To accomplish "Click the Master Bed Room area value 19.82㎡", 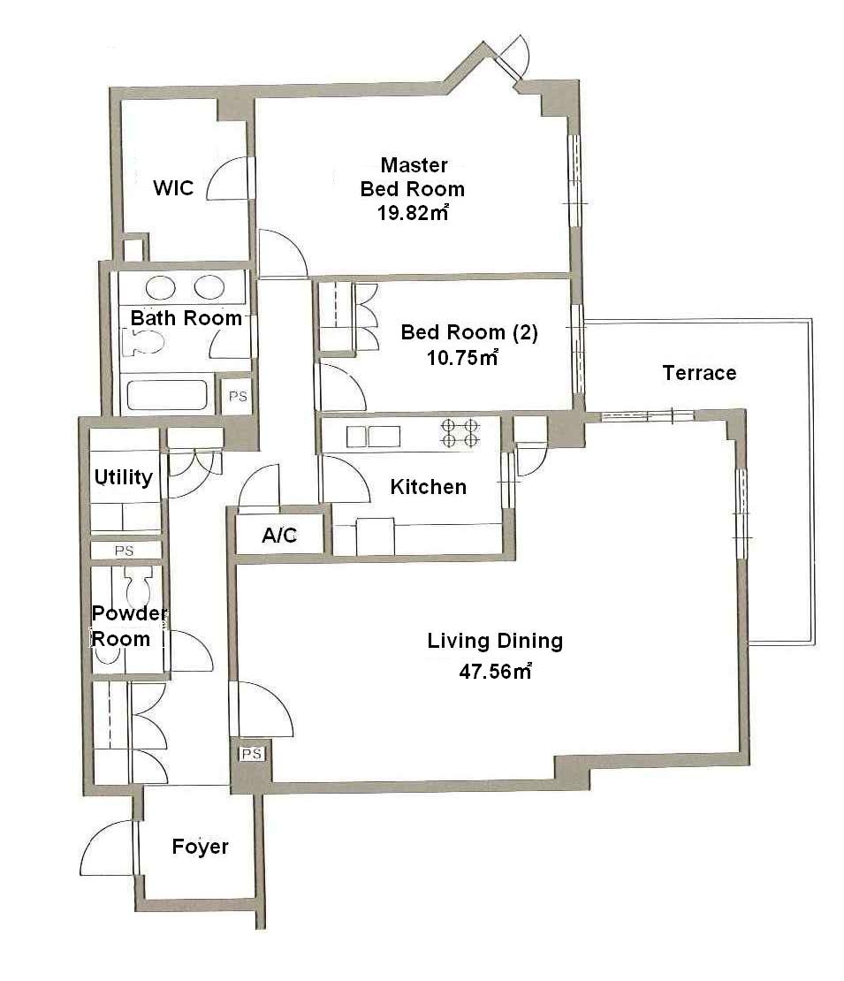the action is click(413, 213).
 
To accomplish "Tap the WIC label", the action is click(173, 187).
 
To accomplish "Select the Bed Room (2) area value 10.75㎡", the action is click(462, 357).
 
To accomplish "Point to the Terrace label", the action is click(699, 373).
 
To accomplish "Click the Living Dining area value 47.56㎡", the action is click(496, 672).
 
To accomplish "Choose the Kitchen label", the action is click(429, 487).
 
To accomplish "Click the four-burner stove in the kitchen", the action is click(460, 433).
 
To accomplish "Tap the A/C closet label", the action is click(279, 536).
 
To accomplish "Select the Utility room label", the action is click(123, 477).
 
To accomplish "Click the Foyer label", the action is click(201, 847).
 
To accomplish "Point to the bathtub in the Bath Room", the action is click(167, 395).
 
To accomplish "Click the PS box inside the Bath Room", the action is click(238, 396).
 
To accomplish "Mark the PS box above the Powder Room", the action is click(125, 551).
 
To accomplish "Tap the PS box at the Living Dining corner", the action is click(252, 753).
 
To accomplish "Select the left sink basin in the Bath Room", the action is click(161, 288).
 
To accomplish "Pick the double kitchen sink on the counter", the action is click(374, 436).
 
